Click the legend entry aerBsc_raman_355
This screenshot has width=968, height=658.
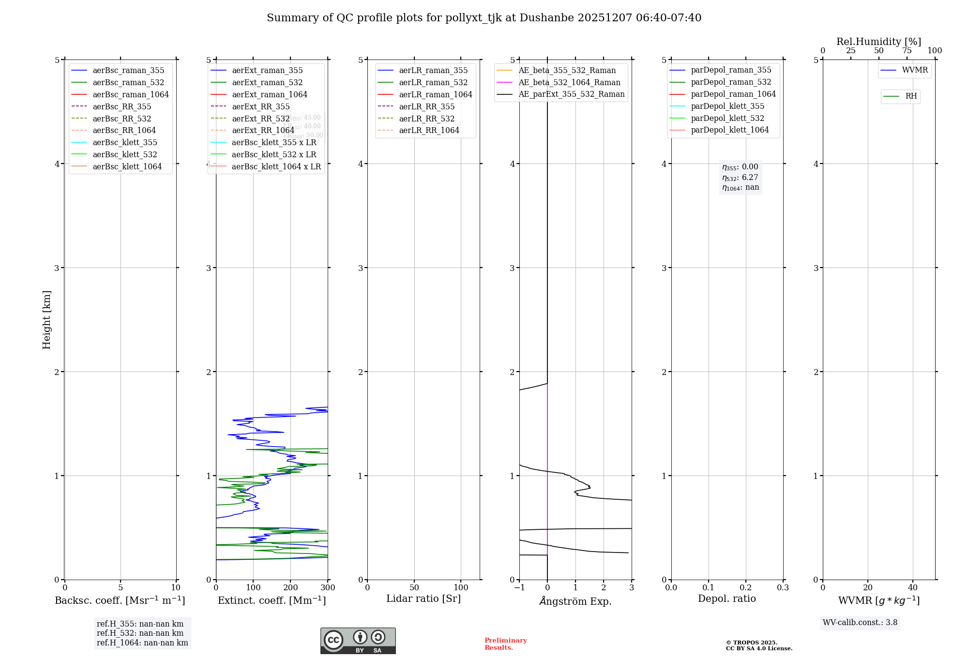pos(128,71)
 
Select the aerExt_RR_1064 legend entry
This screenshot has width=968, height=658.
pos(263,131)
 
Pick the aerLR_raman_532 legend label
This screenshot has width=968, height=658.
pos(433,83)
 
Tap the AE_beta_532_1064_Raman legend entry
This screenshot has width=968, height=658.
pos(569,83)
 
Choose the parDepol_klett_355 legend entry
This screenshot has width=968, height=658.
pos(727,106)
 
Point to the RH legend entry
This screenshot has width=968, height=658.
pos(911,96)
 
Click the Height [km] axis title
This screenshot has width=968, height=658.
pos(46,320)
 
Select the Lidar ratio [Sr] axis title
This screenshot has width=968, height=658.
pos(423,599)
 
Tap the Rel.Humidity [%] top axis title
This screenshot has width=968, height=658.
pos(878,42)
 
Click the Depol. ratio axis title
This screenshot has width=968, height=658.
pos(726,599)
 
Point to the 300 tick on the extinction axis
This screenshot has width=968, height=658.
pos(328,588)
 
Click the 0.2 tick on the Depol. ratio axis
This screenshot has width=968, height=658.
pos(746,588)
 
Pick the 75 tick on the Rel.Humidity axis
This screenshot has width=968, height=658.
pos(907,51)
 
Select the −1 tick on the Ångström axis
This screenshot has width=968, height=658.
pos(519,588)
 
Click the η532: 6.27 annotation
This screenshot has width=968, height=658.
pos(740,178)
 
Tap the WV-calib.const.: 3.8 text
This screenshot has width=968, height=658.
pos(860,623)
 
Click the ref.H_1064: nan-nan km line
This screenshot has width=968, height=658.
pos(142,643)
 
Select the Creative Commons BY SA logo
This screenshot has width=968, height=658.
pos(358,641)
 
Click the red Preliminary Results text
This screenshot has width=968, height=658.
pos(505,644)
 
